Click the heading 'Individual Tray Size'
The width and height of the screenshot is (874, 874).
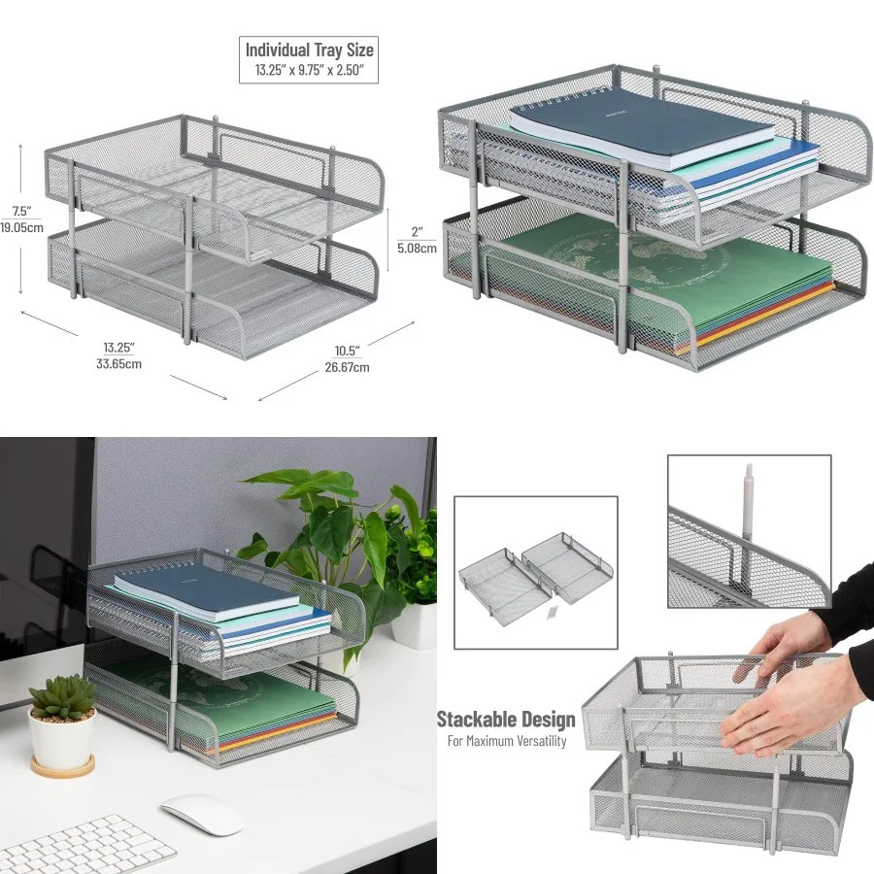tap(309, 50)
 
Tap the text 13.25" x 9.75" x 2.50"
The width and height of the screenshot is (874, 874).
tap(309, 70)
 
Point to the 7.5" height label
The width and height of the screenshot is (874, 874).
tap(22, 211)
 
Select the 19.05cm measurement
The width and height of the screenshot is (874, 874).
tap(22, 229)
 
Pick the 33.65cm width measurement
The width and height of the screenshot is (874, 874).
tap(119, 364)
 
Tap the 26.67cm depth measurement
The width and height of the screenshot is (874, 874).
tap(346, 367)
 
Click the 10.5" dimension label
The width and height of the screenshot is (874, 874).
tap(346, 350)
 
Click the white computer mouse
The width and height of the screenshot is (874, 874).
tap(201, 813)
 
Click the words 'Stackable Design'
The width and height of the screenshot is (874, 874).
tap(505, 720)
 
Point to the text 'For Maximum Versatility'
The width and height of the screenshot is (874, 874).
tap(506, 741)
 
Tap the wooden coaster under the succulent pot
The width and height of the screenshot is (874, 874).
tap(62, 766)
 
